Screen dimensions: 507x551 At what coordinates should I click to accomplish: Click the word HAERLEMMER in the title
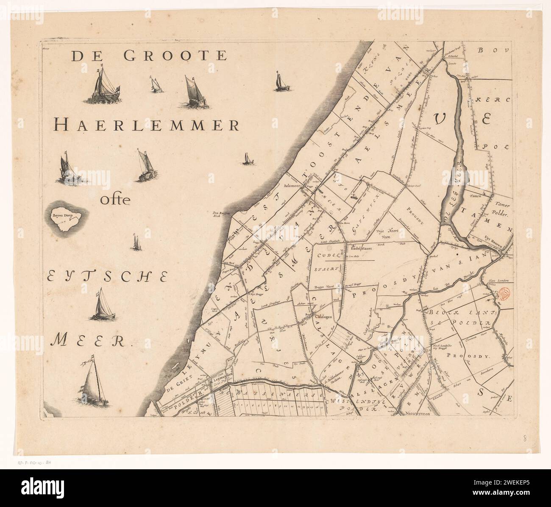pyautogui.click(x=147, y=125)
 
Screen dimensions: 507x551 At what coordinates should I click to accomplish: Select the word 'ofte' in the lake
pyautogui.click(x=114, y=199)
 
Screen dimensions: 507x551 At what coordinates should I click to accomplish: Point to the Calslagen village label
pyautogui.click(x=323, y=316)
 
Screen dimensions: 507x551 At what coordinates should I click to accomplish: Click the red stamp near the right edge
pyautogui.click(x=504, y=293)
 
